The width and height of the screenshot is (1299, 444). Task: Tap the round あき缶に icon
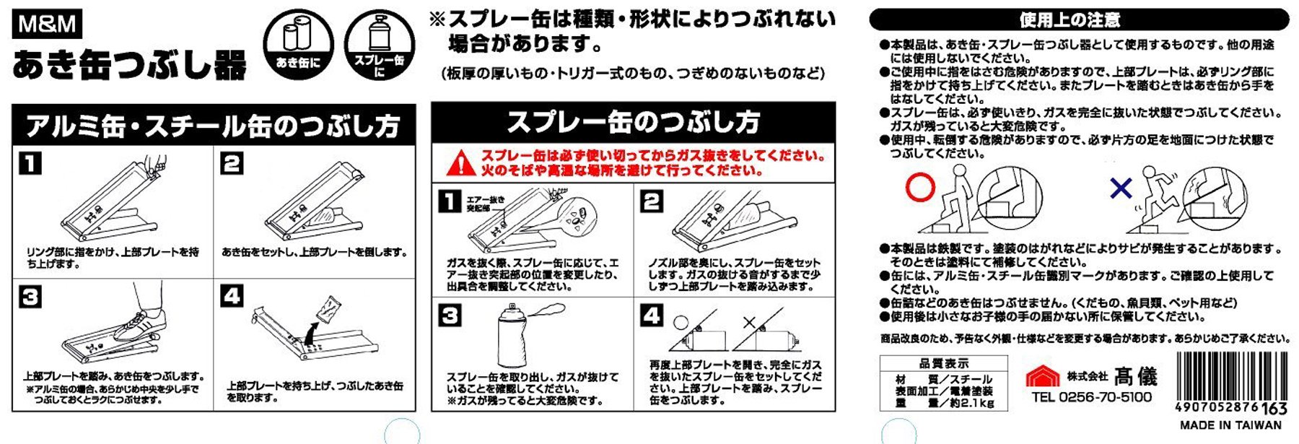coord(298,44)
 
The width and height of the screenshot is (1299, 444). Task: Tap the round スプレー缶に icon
coord(379,45)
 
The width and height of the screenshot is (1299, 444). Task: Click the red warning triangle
coord(460,164)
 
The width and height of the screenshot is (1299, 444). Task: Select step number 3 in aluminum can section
coord(30,297)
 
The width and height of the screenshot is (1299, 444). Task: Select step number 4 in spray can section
coord(652,316)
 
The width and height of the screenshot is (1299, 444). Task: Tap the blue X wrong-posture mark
coord(1121,189)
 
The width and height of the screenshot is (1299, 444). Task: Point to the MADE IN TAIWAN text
coord(1230,425)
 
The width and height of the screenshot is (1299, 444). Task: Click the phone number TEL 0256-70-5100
coord(1091,397)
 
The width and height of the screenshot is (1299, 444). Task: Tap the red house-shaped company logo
coord(1043,376)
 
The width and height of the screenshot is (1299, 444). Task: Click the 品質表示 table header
coord(943,364)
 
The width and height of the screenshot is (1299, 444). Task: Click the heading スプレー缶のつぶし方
coord(633,122)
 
